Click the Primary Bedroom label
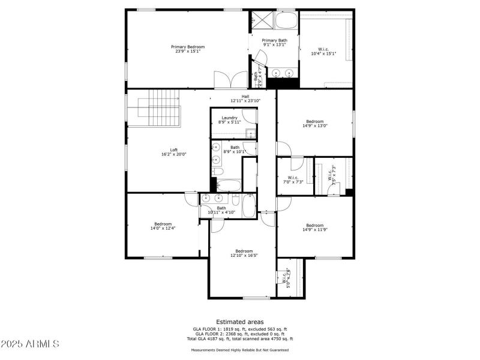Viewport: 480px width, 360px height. pyautogui.click(x=187, y=47)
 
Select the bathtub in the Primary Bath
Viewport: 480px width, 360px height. pyautogui.click(x=286, y=21)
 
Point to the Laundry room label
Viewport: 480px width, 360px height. pyautogui.click(x=229, y=118)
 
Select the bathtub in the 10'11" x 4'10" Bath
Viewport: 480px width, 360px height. pyautogui.click(x=248, y=206)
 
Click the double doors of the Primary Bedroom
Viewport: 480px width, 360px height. pyautogui.click(x=231, y=80)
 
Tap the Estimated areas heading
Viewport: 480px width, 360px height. pyautogui.click(x=239, y=322)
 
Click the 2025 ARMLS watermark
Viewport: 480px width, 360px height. pyautogui.click(x=30, y=344)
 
